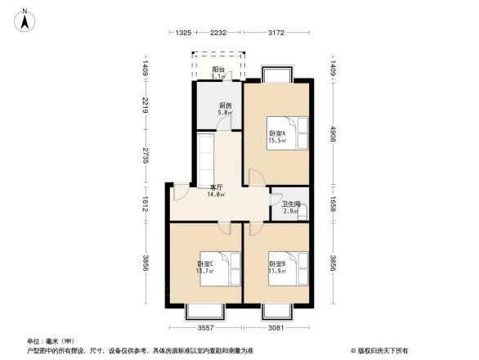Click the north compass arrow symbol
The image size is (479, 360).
coord(25,18)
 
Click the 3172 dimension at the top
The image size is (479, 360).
coord(275,33)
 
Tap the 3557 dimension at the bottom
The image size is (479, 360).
coord(205,328)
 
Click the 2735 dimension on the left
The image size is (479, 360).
coord(145,155)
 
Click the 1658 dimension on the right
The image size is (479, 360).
coord(334,205)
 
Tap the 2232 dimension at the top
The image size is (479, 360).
coord(217,33)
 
